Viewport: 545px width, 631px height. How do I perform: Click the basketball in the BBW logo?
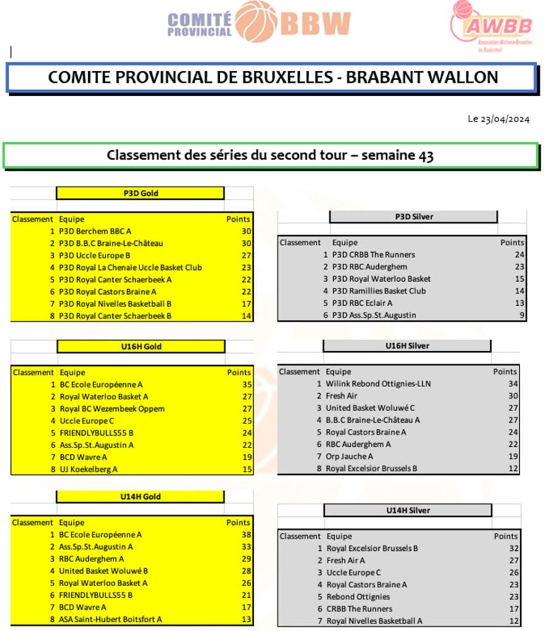click(x=256, y=22)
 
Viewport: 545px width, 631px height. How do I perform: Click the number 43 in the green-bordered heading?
click(x=425, y=155)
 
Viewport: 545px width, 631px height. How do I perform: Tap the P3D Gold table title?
click(x=140, y=193)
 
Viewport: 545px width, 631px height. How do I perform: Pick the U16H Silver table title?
click(x=407, y=346)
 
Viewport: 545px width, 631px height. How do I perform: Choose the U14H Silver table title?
click(x=407, y=510)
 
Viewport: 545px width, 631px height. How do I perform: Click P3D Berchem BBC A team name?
click(x=95, y=231)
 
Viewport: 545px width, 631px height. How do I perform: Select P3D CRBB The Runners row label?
click(x=373, y=254)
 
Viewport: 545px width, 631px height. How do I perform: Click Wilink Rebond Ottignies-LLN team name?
click(x=378, y=384)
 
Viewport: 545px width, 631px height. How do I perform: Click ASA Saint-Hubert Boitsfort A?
click(x=110, y=619)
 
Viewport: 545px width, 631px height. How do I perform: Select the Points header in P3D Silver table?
click(x=512, y=243)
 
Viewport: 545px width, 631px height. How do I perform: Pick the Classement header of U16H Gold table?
click(x=33, y=372)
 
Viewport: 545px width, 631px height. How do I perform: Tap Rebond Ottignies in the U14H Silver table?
click(x=358, y=596)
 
